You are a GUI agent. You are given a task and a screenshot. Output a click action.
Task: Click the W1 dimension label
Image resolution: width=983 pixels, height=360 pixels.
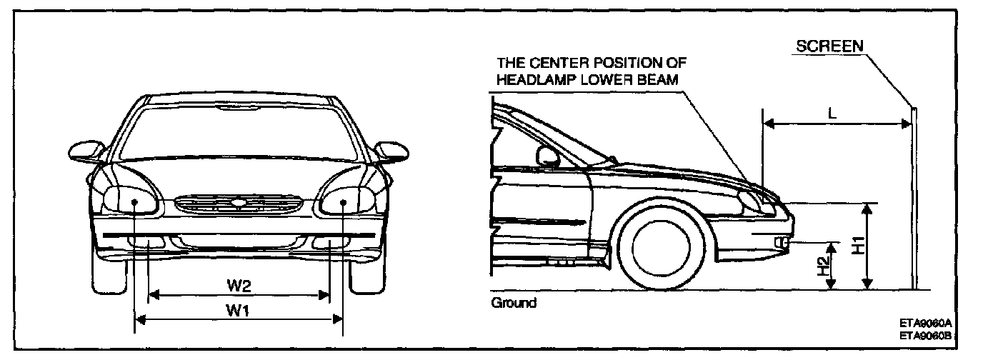pos(239,310)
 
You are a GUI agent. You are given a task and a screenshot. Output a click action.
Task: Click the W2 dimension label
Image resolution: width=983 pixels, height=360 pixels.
pos(239,285)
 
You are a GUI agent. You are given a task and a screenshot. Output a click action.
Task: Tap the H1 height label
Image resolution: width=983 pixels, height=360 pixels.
pos(859,245)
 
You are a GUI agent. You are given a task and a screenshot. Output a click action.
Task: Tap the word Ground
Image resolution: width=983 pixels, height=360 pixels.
pos(514,303)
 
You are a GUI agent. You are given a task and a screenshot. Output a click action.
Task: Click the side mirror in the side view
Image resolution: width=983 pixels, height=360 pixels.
pos(547,155)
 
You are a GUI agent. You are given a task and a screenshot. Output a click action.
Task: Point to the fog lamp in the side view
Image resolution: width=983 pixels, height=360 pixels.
pos(782,244)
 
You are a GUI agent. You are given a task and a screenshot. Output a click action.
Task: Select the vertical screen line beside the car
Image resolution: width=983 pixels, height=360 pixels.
pos(914,200)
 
